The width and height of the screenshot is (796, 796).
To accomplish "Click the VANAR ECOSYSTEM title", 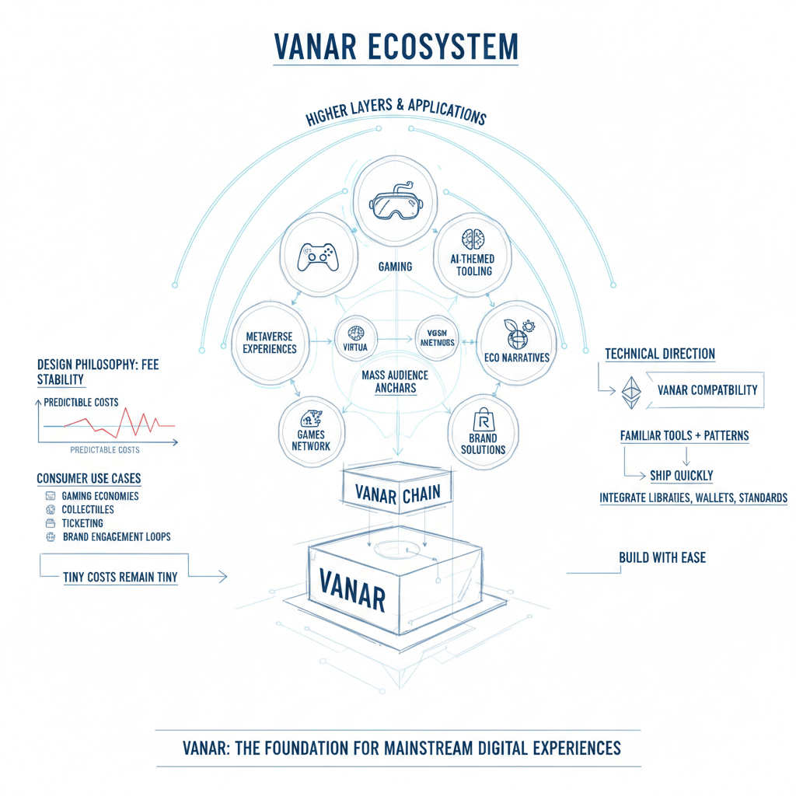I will (x=396, y=47).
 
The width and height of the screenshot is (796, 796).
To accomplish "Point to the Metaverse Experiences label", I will (x=270, y=343).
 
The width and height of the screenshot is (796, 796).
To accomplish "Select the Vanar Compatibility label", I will (x=707, y=389).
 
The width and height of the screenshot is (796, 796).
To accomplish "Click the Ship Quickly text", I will (x=681, y=475).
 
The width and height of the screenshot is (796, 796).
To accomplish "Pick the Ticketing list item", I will (x=82, y=523).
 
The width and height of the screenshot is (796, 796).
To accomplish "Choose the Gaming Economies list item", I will (x=99, y=496).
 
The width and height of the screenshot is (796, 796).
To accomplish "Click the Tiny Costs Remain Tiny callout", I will (x=120, y=578).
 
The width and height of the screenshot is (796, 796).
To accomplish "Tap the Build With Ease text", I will (x=662, y=557).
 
